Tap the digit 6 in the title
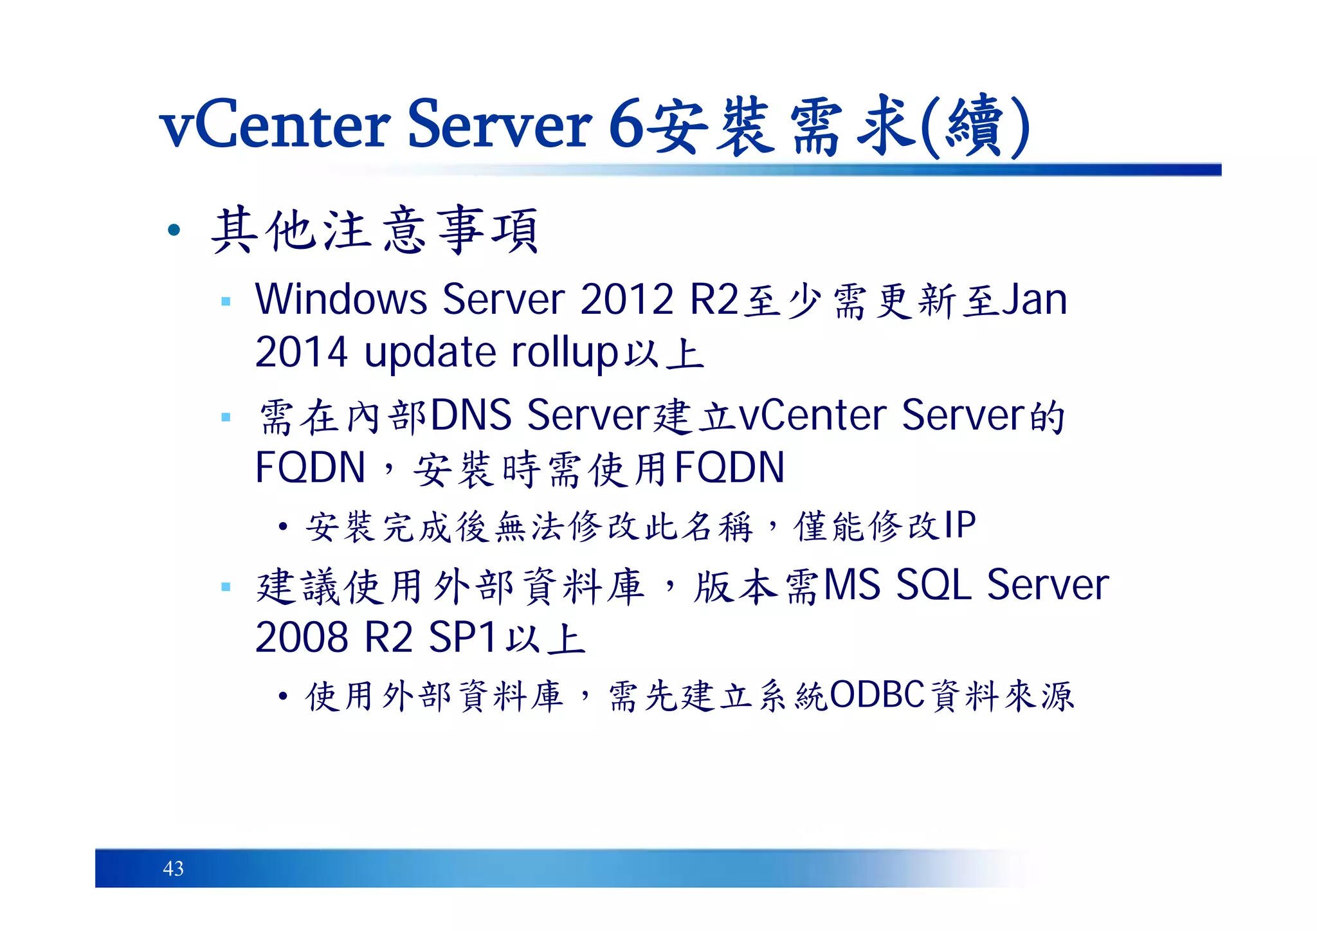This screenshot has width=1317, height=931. [626, 125]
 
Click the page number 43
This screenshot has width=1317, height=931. [174, 869]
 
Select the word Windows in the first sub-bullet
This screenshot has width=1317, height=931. [341, 300]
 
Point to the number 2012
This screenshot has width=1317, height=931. [626, 300]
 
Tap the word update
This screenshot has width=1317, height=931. [430, 353]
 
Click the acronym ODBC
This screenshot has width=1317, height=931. [877, 695]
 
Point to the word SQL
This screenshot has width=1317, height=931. [933, 585]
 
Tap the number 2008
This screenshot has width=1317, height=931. [302, 638]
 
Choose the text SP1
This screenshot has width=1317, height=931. [462, 638]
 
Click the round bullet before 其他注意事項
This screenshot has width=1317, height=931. [174, 230]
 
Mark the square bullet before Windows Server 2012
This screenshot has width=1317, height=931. [226, 301]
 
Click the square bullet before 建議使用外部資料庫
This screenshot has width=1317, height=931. [226, 586]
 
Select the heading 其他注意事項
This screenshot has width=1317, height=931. [375, 230]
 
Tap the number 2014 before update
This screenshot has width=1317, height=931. [302, 353]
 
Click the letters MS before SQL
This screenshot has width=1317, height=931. [852, 585]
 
